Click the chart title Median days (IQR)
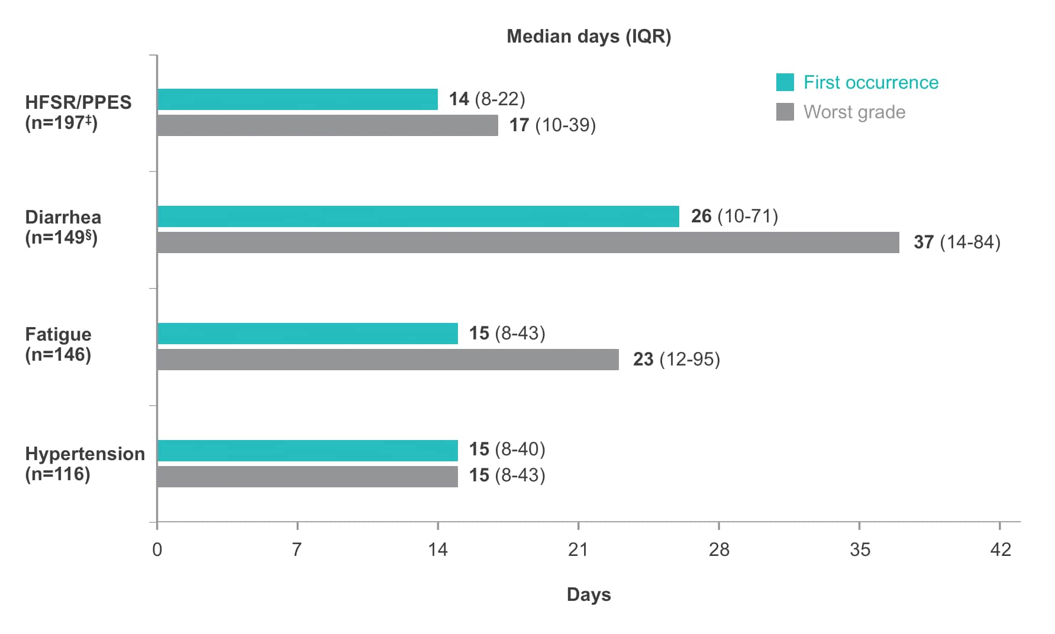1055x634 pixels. click(x=589, y=37)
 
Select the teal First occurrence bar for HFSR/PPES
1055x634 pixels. click(x=298, y=99)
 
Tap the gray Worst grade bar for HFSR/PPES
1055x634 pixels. click(x=328, y=125)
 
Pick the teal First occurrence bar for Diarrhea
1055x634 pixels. click(x=418, y=216)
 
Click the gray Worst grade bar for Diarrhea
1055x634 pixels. click(x=528, y=242)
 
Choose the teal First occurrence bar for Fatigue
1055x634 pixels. click(x=308, y=334)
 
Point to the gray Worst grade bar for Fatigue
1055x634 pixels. click(x=388, y=360)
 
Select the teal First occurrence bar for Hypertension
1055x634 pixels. click(x=308, y=451)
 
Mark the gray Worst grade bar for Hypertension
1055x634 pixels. click(x=308, y=477)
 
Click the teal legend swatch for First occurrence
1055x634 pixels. click(x=785, y=82)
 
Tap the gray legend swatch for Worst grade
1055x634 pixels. click(x=785, y=112)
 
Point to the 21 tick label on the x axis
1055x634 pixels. click(x=578, y=550)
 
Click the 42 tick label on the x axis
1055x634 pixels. click(x=1001, y=550)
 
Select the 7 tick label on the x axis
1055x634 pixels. click(x=297, y=550)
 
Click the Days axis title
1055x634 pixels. click(x=589, y=594)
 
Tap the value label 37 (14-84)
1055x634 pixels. click(x=957, y=242)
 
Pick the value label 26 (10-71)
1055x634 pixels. click(x=734, y=216)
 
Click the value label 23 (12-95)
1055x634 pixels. click(x=676, y=360)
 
